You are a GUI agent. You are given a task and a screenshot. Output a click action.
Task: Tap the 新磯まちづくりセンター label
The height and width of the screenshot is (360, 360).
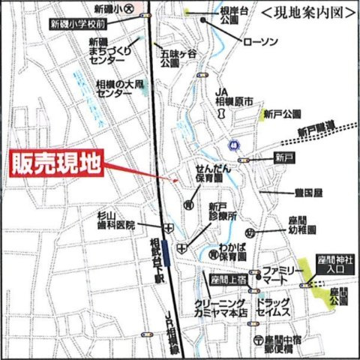(x=107, y=50)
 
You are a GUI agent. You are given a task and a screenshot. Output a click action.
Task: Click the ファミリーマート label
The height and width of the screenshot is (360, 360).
(x=283, y=274)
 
